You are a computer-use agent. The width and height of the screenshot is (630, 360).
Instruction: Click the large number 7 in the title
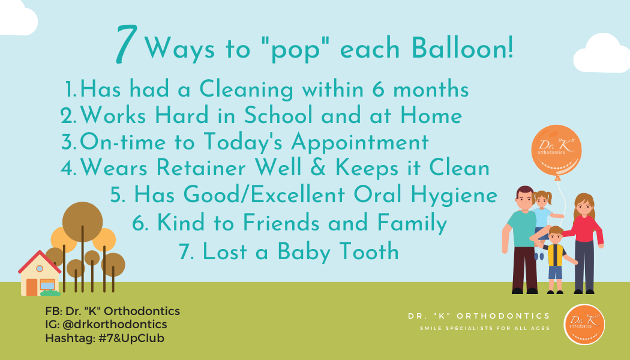click(x=127, y=44)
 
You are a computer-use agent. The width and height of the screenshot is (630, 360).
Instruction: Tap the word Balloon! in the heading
click(x=462, y=49)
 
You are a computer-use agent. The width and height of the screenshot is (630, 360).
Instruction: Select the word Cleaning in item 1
click(x=246, y=89)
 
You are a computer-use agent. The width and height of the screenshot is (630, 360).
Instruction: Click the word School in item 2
click(x=278, y=115)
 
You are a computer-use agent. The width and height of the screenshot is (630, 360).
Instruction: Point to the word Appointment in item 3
click(x=359, y=143)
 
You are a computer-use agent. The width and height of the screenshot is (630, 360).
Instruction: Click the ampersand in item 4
click(x=318, y=167)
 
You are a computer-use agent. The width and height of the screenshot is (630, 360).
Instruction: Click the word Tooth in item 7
click(x=369, y=252)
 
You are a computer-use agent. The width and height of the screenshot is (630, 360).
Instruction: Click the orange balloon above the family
click(x=556, y=151)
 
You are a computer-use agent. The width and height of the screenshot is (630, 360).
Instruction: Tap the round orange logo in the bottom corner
click(x=584, y=324)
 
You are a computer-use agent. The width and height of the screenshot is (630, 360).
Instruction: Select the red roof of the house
click(x=40, y=261)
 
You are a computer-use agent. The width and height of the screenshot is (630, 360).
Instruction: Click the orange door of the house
click(x=32, y=287)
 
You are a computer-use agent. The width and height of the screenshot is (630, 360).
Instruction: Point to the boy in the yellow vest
click(x=556, y=260)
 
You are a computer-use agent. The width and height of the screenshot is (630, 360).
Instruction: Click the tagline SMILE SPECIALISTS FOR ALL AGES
click(x=485, y=328)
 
